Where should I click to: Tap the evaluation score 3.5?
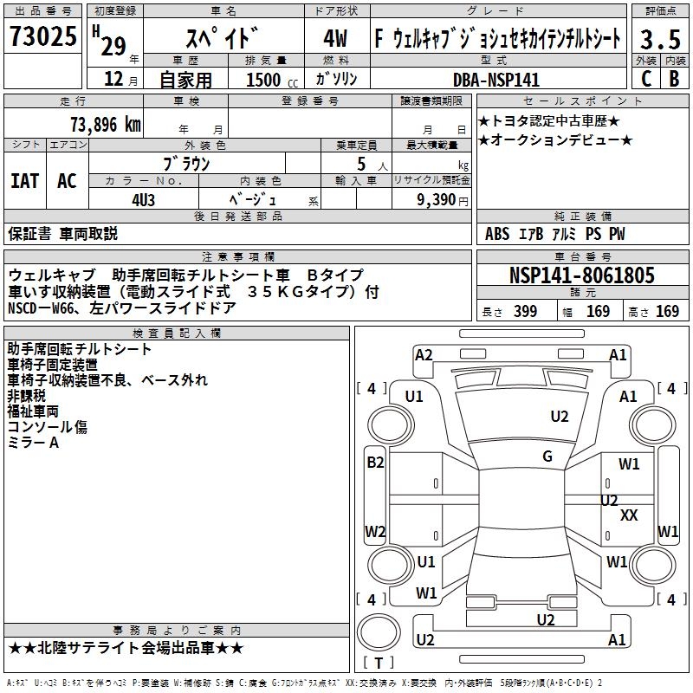click(658, 40)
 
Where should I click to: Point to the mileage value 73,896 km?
click(105, 125)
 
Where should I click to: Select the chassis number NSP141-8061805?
click(582, 275)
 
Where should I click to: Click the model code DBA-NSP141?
click(496, 80)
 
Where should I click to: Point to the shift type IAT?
click(25, 181)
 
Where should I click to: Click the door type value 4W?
click(335, 40)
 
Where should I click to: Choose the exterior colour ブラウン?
click(186, 163)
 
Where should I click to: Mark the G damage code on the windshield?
click(547, 457)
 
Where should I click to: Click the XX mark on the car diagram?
click(630, 515)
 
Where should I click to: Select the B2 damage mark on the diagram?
click(375, 463)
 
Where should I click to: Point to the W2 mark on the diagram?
click(375, 531)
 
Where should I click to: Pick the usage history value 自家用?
click(185, 80)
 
